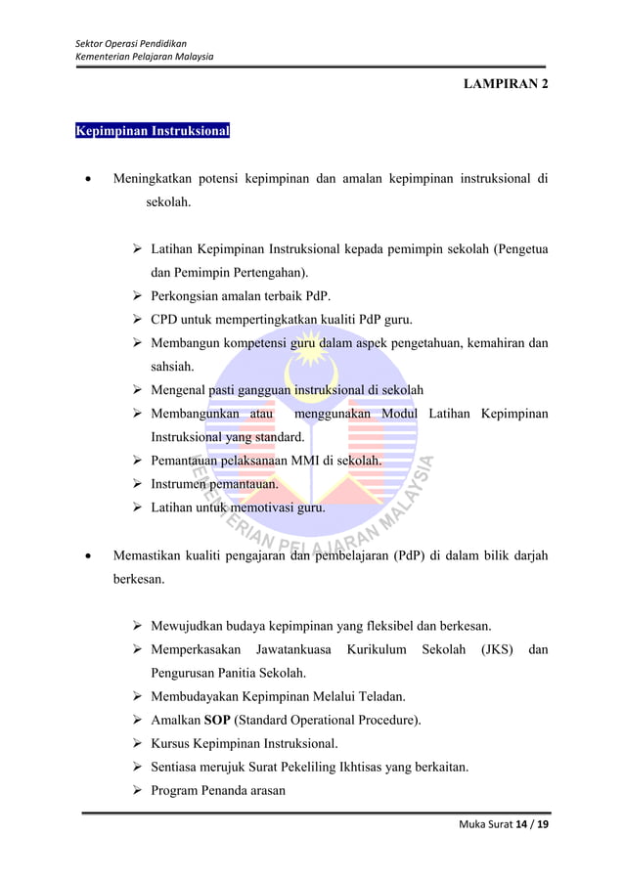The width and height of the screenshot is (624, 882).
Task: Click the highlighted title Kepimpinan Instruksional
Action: tap(153, 130)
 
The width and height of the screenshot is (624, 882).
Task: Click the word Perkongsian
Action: tap(188, 296)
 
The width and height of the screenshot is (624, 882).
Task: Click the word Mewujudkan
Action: tap(191, 626)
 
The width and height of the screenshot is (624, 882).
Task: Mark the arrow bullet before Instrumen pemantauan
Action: tap(138, 484)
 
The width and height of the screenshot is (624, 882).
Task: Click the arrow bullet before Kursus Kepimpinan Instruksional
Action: tap(138, 744)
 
